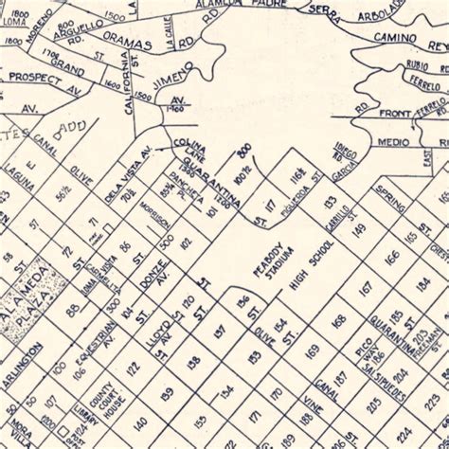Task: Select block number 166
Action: [391, 257]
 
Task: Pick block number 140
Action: [139, 422]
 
